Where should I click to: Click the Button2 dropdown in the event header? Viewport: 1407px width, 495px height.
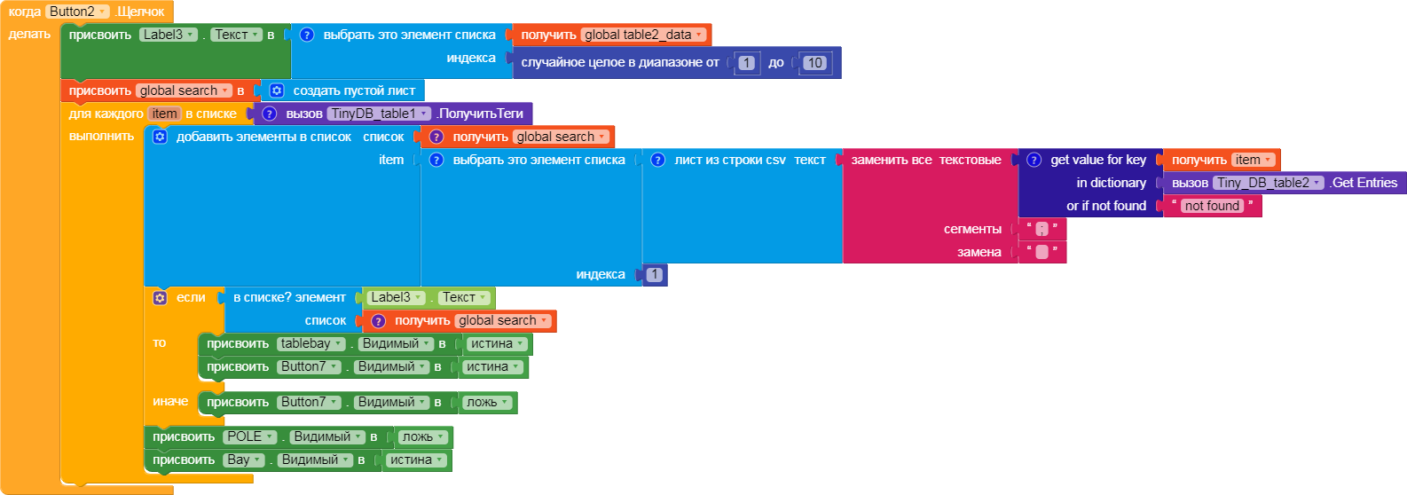[x=77, y=12]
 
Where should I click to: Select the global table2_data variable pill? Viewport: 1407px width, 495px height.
[x=643, y=35]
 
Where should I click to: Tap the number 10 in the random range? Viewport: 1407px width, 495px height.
[x=814, y=63]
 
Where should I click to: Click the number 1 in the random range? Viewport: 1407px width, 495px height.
[x=746, y=63]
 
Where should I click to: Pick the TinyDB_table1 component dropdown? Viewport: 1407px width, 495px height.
[x=379, y=114]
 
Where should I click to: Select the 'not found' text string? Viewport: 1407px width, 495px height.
[x=1212, y=206]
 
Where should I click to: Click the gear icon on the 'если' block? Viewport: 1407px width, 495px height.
[x=161, y=298]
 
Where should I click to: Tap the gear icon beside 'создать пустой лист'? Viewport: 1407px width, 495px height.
[x=277, y=90]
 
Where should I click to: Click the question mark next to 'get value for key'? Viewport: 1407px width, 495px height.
[x=1034, y=160]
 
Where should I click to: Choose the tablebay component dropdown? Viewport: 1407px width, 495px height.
[x=310, y=343]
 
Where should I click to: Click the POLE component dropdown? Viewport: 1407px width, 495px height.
[x=250, y=436]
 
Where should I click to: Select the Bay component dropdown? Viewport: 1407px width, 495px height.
[x=244, y=460]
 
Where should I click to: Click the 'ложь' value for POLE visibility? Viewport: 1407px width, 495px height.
[x=423, y=436]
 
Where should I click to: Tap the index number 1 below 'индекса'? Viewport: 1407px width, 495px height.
[x=655, y=274]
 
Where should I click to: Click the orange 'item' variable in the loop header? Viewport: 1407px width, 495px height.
[x=164, y=114]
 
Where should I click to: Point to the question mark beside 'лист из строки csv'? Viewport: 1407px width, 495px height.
[x=657, y=160]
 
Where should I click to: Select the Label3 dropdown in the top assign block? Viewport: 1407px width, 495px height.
[x=169, y=35]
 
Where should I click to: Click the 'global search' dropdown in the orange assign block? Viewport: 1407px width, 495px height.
[x=184, y=90]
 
